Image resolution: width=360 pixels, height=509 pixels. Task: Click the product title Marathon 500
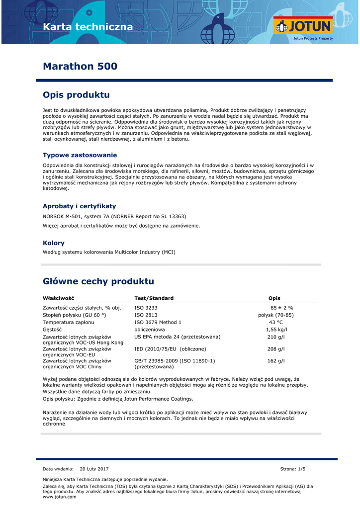click(80, 66)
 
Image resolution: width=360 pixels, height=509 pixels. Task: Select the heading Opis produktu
click(76, 95)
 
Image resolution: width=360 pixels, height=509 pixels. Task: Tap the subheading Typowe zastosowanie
click(80, 155)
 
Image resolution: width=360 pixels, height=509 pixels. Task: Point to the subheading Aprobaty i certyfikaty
click(79, 206)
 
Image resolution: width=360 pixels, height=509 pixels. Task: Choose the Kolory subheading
click(54, 243)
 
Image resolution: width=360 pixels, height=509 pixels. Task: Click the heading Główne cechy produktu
click(98, 281)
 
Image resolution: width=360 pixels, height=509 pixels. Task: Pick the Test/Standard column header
click(154, 298)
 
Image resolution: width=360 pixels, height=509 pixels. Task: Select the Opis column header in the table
click(274, 298)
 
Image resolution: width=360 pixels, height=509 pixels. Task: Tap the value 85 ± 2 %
click(282, 308)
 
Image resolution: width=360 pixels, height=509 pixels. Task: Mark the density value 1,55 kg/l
click(276, 330)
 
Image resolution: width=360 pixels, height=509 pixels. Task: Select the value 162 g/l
click(276, 361)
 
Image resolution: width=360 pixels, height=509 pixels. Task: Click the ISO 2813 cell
click(146, 315)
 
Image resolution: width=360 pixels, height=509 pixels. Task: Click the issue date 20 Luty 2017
click(94, 469)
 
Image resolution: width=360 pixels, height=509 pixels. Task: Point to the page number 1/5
click(301, 469)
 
